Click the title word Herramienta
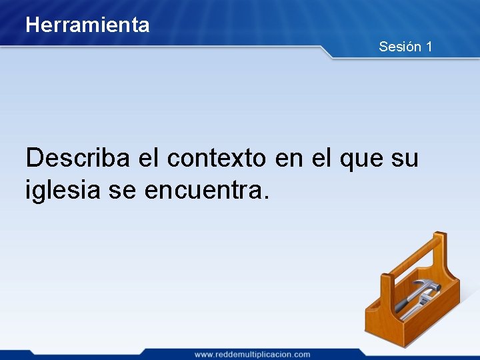(x=87, y=25)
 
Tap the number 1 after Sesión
(x=429, y=47)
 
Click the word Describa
(x=79, y=158)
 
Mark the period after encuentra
(x=267, y=198)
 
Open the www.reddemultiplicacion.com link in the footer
(x=252, y=354)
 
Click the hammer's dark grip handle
(x=403, y=307)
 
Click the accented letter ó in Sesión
(x=411, y=47)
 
